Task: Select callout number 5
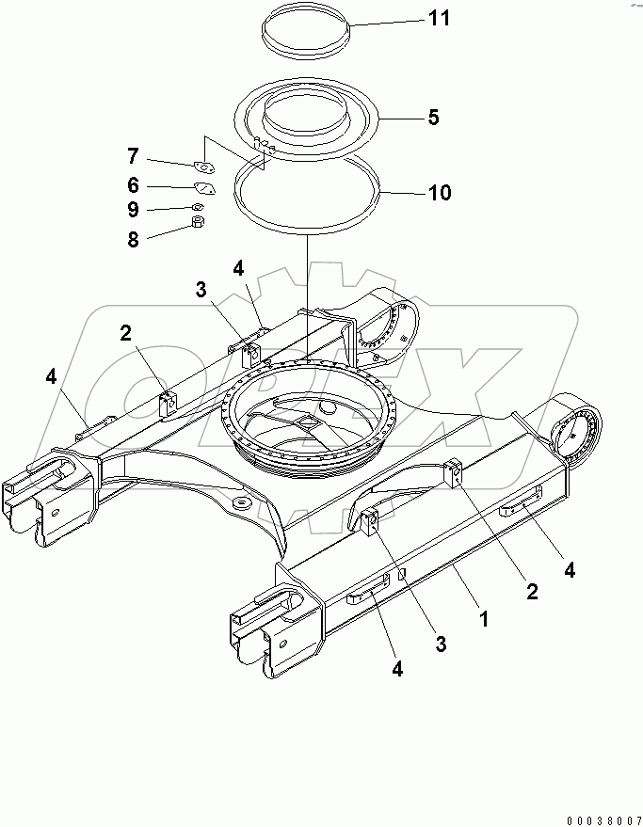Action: pyautogui.click(x=432, y=118)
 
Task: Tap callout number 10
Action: pyautogui.click(x=439, y=193)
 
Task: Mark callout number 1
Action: pyautogui.click(x=484, y=620)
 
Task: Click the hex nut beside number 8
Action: pyautogui.click(x=199, y=223)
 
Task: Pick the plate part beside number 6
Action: pyautogui.click(x=204, y=188)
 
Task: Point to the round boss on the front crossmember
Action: pyautogui.click(x=239, y=504)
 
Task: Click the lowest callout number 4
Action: pyautogui.click(x=396, y=669)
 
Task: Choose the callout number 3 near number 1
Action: pyautogui.click(x=440, y=644)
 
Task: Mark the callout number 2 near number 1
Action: pyautogui.click(x=532, y=591)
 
